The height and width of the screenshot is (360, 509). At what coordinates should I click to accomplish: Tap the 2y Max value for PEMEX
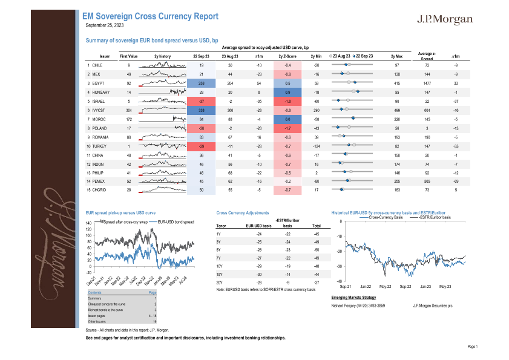(x=397, y=181)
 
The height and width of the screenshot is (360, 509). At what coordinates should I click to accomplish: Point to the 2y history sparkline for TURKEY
(x=162, y=147)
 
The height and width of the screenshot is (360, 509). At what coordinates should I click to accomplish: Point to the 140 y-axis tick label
(x=89, y=223)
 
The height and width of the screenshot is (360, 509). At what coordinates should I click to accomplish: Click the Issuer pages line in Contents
(x=96, y=316)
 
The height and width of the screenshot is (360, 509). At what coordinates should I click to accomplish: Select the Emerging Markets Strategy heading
(x=354, y=298)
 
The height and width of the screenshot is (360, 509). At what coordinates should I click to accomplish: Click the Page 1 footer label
(x=473, y=347)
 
